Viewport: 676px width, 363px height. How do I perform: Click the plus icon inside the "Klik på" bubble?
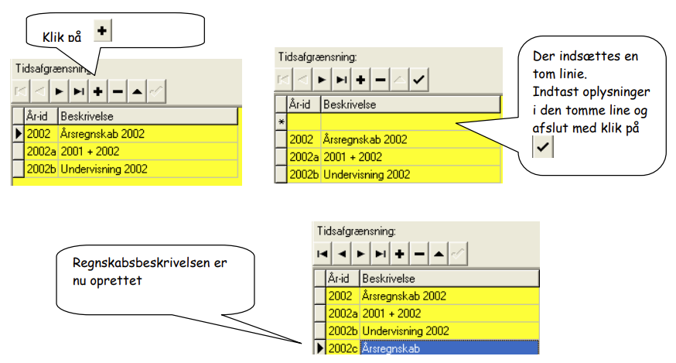[x=102, y=31]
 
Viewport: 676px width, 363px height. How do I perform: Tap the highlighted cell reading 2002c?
[x=343, y=348]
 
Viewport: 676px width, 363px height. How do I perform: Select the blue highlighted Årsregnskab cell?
[x=449, y=348]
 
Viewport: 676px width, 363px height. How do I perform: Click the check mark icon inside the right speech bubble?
[x=543, y=147]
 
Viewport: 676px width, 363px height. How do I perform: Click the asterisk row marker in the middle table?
[x=281, y=122]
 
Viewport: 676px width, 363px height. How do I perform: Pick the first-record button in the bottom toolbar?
[x=323, y=254]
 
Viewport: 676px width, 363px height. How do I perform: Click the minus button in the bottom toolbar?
[x=419, y=254]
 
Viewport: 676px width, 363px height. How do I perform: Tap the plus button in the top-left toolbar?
[x=98, y=91]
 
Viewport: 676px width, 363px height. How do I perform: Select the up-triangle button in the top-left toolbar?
[x=137, y=91]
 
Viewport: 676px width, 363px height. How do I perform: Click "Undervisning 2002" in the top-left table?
[x=104, y=169]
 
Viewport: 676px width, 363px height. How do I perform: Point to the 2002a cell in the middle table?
[x=304, y=157]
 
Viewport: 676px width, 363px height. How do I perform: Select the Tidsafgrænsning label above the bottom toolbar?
[x=357, y=231]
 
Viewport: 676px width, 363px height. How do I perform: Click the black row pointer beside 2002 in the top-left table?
[x=18, y=134]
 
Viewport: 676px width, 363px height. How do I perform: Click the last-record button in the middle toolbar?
[x=341, y=80]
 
